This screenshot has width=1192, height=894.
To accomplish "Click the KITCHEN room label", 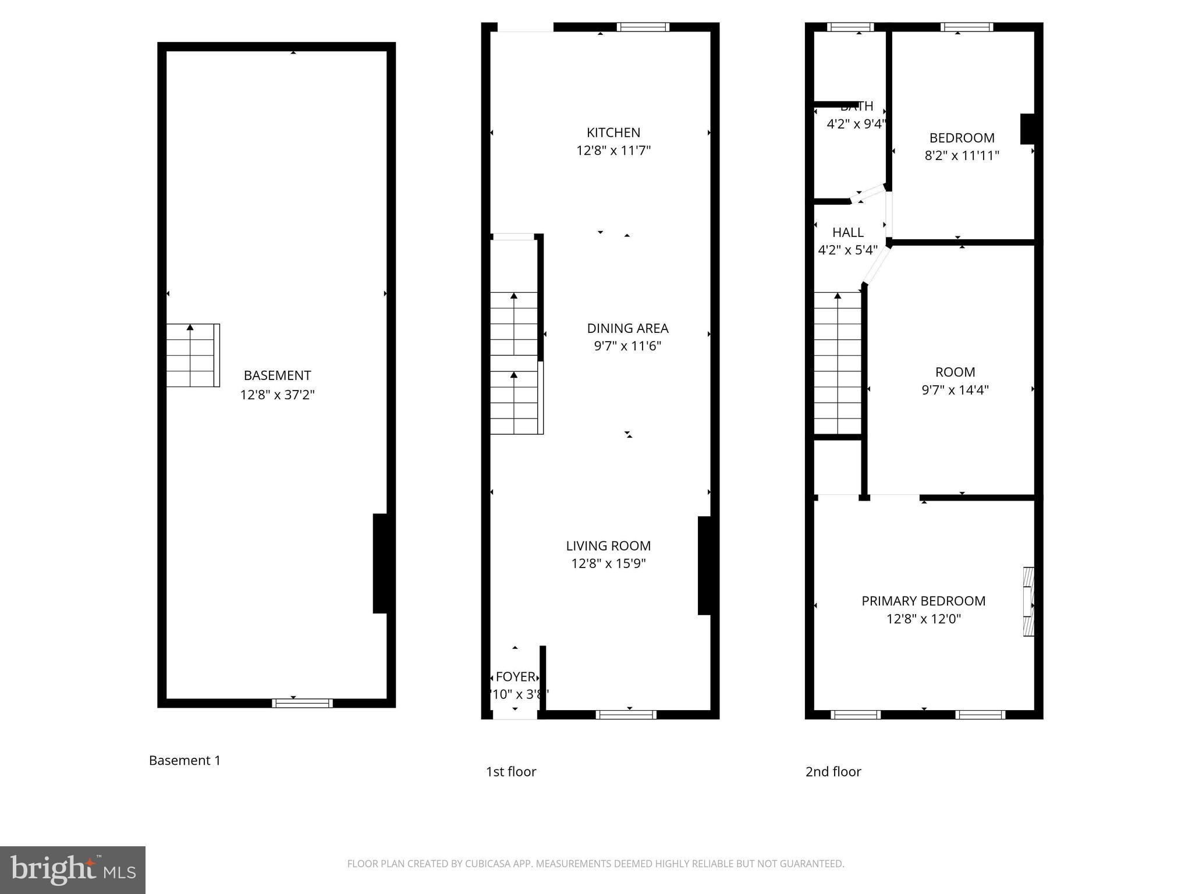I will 613,133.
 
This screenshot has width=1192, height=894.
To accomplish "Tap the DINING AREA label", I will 627,328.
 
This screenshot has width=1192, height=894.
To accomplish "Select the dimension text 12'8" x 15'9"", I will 608,563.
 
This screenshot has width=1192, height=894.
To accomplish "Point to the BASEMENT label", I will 277,375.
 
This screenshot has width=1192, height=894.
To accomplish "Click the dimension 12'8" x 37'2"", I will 277,395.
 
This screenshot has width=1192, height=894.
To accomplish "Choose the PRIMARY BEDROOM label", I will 923,601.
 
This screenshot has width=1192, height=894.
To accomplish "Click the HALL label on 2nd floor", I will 847,232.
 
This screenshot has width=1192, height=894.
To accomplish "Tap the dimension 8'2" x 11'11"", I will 962,155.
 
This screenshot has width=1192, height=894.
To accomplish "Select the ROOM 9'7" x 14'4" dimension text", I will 955,389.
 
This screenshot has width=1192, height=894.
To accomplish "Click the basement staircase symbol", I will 193,355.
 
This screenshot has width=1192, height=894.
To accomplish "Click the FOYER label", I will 515,677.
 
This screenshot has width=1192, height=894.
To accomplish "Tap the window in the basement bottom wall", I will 302,703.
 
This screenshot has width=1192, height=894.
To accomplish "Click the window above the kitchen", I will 643,27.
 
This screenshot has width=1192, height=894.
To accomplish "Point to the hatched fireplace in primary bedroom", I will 1029,601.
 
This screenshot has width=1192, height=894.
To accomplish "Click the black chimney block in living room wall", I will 704,565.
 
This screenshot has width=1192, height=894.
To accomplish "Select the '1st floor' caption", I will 510,772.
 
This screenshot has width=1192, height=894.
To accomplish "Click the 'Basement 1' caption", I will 185,760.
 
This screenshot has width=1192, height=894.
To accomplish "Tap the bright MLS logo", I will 72,870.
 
